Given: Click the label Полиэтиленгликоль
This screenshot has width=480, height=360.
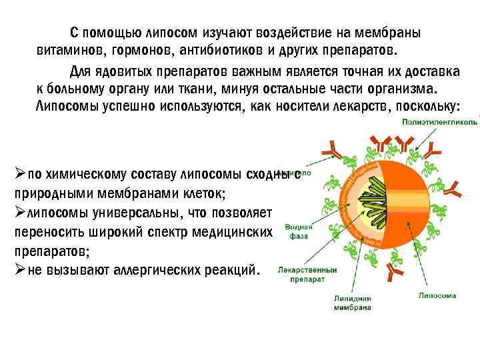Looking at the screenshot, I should point(439,123).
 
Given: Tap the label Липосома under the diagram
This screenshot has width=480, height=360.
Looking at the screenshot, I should point(437,295).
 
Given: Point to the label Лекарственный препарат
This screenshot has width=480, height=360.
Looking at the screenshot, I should point(307,275).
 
